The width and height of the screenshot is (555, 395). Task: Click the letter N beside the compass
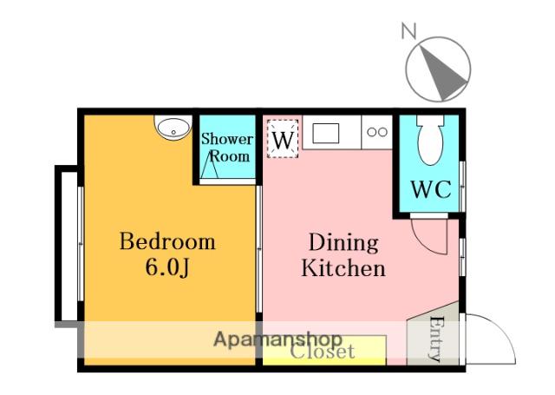coord(409,30)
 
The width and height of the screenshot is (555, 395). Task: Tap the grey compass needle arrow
coord(441,72)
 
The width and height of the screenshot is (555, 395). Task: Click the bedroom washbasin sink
coord(173,128)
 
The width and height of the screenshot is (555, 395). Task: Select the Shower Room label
coord(227,148)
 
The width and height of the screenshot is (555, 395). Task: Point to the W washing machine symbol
coord(283,139)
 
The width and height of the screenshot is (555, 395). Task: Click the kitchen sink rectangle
coord(326,133)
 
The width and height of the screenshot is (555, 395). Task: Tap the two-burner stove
coord(377,132)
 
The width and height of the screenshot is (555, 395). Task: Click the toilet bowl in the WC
coord(430,140)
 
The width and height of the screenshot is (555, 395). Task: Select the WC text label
coord(431,189)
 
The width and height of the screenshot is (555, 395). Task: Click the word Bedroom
coord(167,241)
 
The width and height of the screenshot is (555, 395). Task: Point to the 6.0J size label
coord(167,268)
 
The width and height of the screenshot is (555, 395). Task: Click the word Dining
coord(343,243)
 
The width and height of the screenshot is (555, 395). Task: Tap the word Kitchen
coord(343,268)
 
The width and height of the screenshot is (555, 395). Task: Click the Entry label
coord(436,339)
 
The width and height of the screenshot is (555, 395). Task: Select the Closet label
coord(322,352)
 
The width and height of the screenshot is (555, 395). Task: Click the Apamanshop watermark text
coord(277,339)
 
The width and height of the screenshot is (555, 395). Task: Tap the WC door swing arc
coord(425,245)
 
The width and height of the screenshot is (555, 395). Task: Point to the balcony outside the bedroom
coord(67,245)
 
